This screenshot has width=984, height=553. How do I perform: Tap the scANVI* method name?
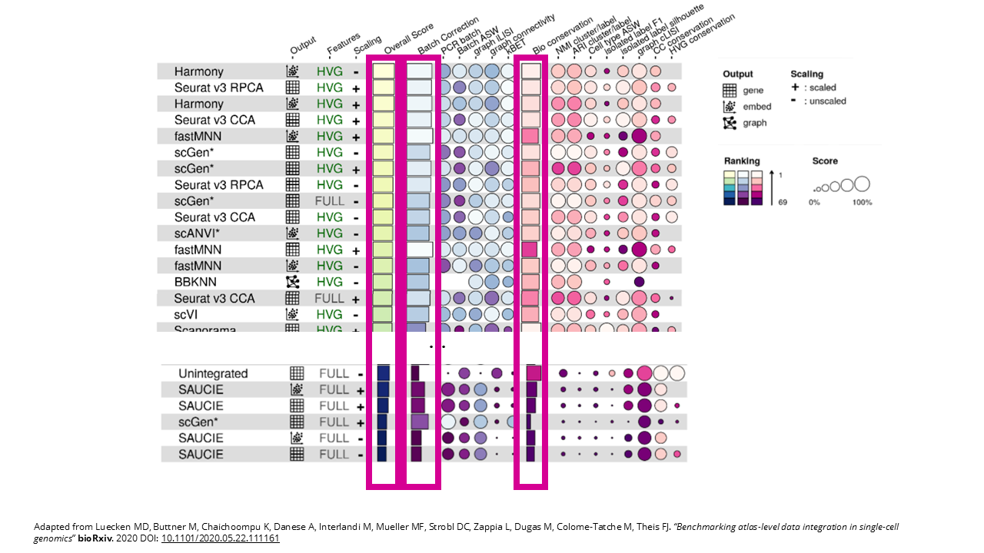pos(198,233)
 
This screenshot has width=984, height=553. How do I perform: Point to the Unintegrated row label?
pos(213,373)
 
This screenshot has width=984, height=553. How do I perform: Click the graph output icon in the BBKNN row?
pos(293,282)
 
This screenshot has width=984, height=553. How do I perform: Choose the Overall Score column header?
pos(407,39)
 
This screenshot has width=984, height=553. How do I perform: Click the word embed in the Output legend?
pos(757,107)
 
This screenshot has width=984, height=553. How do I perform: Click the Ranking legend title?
pos(742,161)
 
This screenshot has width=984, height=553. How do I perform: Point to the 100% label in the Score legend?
pos(861,202)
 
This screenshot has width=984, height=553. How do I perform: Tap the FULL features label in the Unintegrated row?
pos(334,373)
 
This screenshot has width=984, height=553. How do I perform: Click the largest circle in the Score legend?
pos(861,184)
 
